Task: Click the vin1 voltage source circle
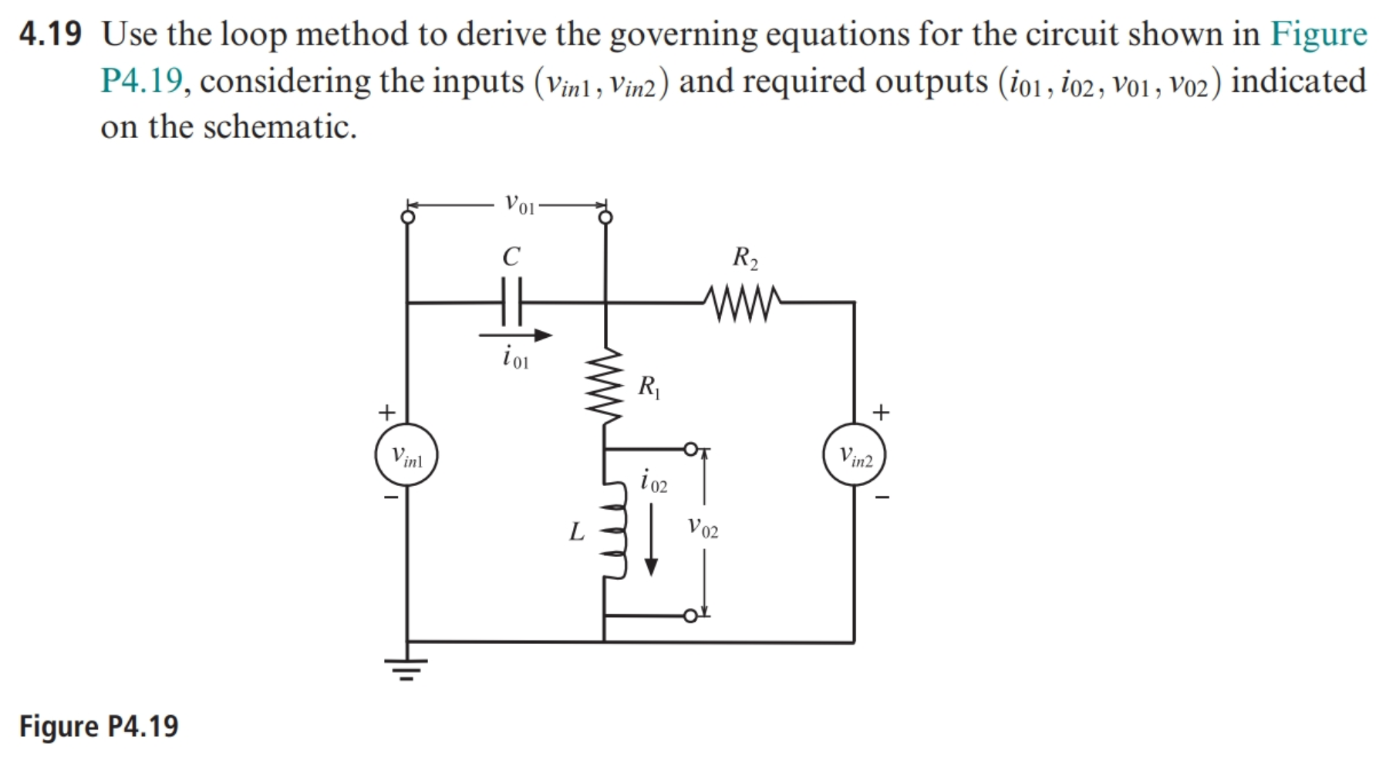[x=406, y=454]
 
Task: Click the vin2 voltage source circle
[x=854, y=454]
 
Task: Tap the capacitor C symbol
[x=511, y=302]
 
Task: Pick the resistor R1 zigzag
[x=605, y=385]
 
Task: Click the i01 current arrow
[x=515, y=335]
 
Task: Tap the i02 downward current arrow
[x=651, y=539]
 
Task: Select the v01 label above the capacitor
[x=519, y=204]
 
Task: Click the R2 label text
[x=745, y=257]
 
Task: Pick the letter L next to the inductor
[x=576, y=531]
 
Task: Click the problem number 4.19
[x=50, y=34]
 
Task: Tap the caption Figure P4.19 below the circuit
[x=99, y=726]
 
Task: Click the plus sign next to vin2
[x=881, y=412]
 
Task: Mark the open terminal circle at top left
[x=407, y=217]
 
